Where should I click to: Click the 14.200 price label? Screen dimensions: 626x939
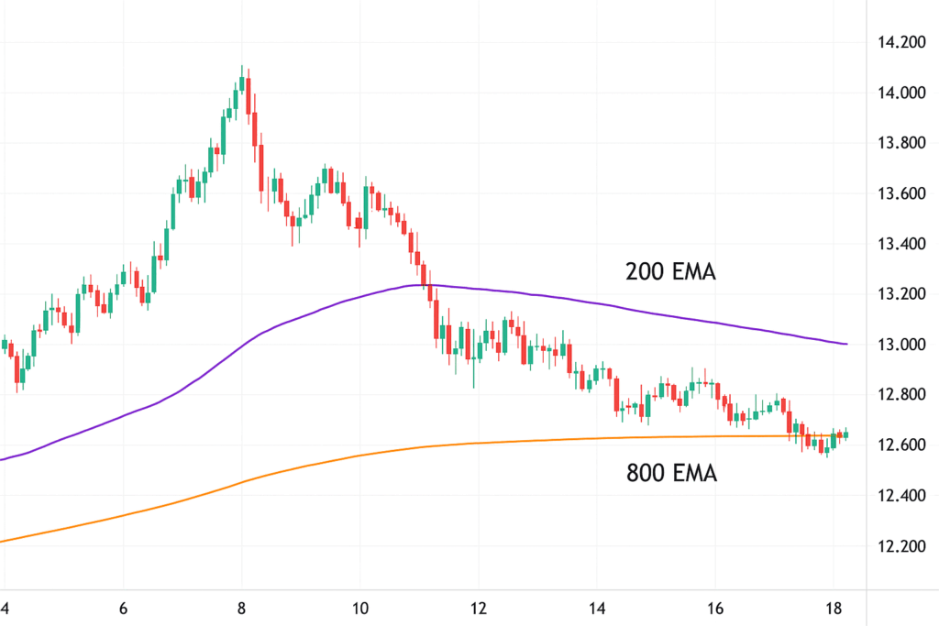tap(901, 42)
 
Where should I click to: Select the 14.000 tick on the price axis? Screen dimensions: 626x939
tap(901, 93)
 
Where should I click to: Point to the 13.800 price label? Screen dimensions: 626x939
tap(901, 143)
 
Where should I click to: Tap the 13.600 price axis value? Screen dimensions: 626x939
tap(901, 193)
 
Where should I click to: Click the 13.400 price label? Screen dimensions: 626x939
tap(901, 244)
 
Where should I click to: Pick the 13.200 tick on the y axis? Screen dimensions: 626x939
tap(901, 294)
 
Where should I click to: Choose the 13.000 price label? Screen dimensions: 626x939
tap(901, 345)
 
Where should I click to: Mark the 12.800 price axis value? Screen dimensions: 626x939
tap(901, 395)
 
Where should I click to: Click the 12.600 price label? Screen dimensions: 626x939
tap(901, 445)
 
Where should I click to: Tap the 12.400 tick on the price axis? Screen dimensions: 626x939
tap(901, 496)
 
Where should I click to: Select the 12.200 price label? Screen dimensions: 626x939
tap(901, 546)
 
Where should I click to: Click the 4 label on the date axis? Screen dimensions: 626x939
tap(5, 609)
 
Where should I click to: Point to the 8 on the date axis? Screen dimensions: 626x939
tap(242, 609)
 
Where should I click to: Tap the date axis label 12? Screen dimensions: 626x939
tap(478, 609)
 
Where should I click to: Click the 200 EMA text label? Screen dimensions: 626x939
tap(670, 271)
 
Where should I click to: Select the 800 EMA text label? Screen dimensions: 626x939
tap(671, 473)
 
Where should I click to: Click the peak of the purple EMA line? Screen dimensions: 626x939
tap(425, 285)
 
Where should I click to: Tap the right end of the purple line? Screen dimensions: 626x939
tap(846, 344)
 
